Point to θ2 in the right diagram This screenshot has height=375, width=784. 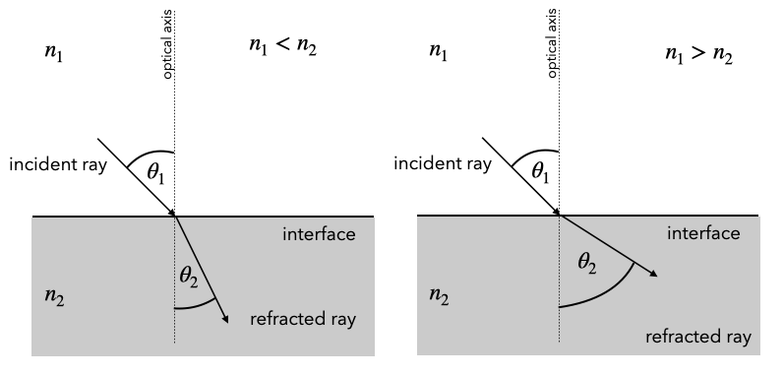[x=589, y=263]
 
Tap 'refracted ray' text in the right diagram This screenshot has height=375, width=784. [x=698, y=338]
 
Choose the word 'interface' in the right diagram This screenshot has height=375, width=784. [x=703, y=233]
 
